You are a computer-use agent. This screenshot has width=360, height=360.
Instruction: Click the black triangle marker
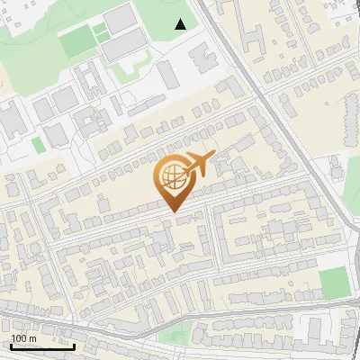click(181, 24)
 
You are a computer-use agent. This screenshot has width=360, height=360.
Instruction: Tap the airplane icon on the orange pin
click(200, 163)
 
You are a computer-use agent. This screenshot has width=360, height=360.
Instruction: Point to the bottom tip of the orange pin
click(172, 211)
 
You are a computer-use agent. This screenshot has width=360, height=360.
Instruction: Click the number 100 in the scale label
click(20, 338)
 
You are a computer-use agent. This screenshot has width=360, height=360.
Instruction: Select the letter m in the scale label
click(33, 338)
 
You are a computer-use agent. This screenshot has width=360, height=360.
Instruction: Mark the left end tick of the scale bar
click(9, 345)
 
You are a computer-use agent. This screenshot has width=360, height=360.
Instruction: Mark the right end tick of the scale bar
click(75, 345)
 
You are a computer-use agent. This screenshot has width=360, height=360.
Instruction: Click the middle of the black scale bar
click(42, 346)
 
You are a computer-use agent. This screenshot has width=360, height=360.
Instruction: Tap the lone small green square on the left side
click(37, 144)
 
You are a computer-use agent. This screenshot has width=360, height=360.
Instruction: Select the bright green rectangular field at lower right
click(334, 283)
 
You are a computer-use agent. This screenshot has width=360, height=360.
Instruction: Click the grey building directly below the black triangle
click(168, 74)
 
